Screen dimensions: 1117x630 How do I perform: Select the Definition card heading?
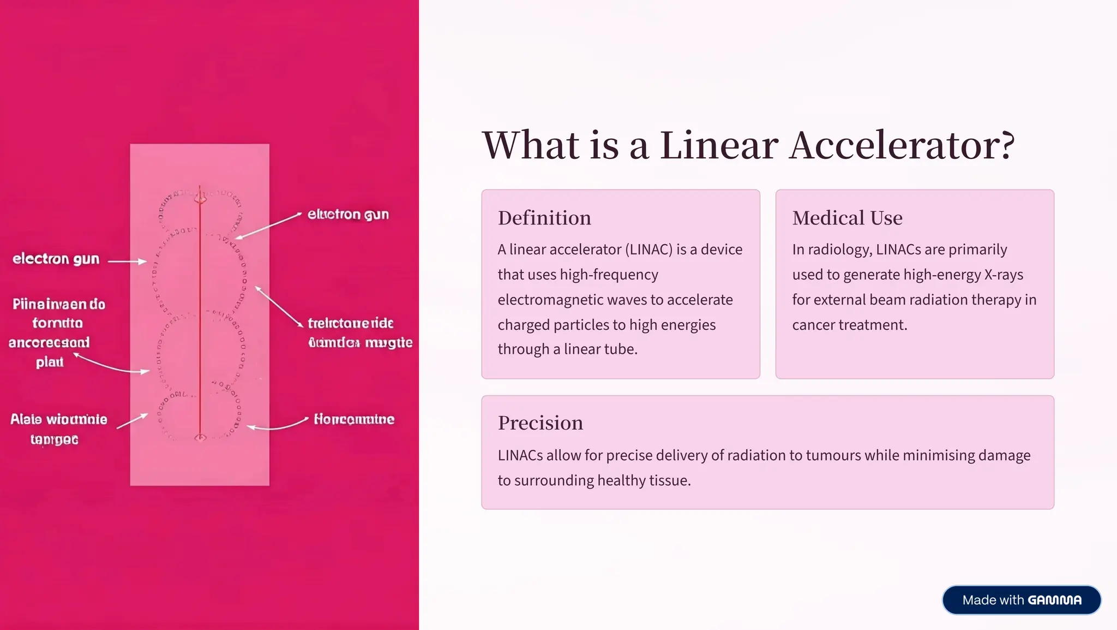tap(544, 218)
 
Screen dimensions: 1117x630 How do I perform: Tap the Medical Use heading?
tap(847, 218)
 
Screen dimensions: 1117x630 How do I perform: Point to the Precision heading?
tap(540, 423)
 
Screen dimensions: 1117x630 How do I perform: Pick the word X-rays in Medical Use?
tap(1004, 275)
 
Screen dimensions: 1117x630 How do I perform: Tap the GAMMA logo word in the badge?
tap(1055, 600)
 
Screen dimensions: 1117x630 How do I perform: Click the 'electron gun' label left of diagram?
tap(56, 259)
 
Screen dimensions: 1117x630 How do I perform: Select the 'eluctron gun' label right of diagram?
tap(348, 215)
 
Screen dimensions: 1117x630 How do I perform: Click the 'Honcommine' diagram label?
tap(354, 419)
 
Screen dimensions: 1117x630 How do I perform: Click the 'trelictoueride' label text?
tap(351, 323)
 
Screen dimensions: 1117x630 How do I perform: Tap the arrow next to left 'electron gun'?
tap(127, 261)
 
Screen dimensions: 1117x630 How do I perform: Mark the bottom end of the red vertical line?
tap(200, 437)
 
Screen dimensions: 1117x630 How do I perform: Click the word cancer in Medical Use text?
tap(813, 325)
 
